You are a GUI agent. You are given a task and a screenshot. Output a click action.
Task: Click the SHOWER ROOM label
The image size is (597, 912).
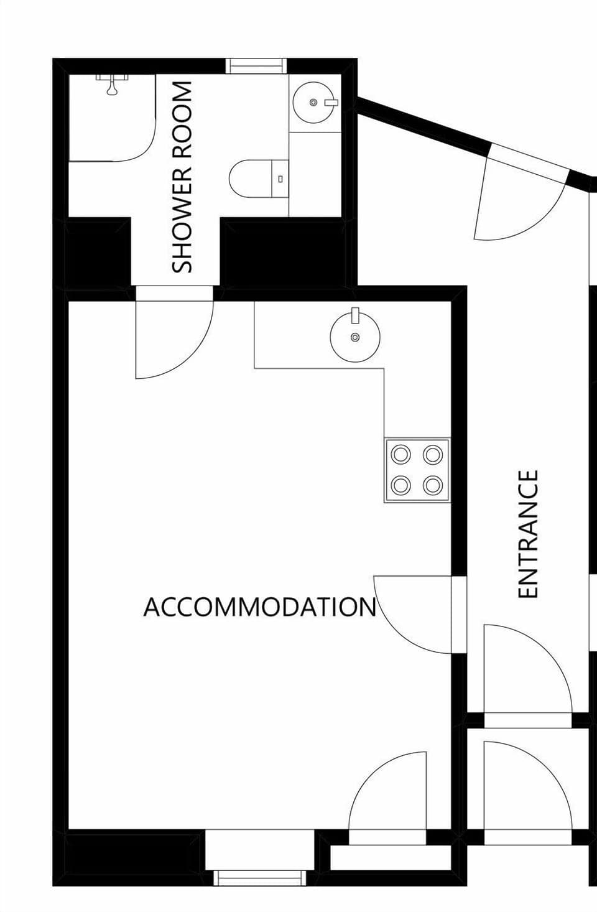click(x=182, y=177)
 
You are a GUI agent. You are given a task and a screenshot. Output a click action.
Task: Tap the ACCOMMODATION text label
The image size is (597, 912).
click(x=260, y=607)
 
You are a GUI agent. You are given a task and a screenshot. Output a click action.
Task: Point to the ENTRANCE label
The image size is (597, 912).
click(x=528, y=534)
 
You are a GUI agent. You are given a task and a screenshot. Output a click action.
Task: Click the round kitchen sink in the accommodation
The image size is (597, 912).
click(x=354, y=337)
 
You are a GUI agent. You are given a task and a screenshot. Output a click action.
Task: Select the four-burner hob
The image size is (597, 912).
click(x=417, y=470)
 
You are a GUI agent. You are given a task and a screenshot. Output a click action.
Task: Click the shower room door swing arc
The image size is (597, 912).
click(x=180, y=348)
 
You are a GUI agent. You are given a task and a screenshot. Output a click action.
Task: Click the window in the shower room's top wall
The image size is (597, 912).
click(x=255, y=65)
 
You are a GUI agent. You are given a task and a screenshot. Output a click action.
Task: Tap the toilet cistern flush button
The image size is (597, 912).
click(x=280, y=179)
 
